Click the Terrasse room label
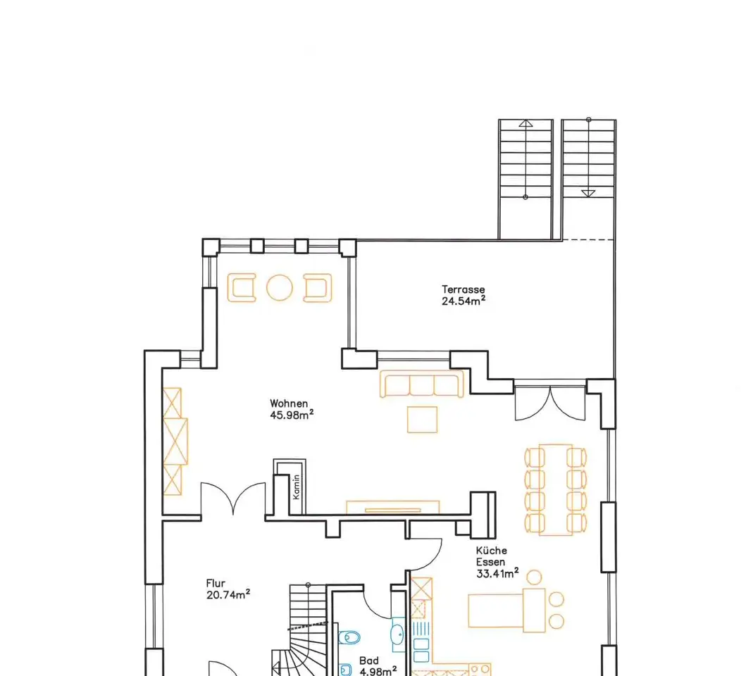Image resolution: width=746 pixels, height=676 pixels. click(x=463, y=289)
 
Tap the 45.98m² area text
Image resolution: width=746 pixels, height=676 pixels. click(x=292, y=414)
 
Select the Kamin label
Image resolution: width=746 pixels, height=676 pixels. click(x=297, y=487)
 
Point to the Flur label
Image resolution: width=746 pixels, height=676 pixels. click(x=216, y=583)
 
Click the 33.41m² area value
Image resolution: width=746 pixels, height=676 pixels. click(x=497, y=573)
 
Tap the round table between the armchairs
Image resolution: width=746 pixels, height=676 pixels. click(x=279, y=287)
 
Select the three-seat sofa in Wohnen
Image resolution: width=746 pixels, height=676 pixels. click(x=422, y=384)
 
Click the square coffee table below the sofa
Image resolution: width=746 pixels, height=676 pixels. click(x=422, y=420)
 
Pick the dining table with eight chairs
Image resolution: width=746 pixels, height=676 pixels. click(x=555, y=490)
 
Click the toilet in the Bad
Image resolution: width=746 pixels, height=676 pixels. click(x=349, y=637)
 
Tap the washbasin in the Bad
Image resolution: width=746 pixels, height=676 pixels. click(x=397, y=634)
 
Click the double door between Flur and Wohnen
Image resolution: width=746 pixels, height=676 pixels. click(x=233, y=499)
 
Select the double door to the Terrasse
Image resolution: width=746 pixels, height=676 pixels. click(x=550, y=403)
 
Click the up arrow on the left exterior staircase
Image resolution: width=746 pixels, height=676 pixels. click(x=526, y=123)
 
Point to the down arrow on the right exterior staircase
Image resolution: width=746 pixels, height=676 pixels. click(x=588, y=193)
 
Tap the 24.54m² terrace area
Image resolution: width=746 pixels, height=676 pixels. click(x=464, y=301)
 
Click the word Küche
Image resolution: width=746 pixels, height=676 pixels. click(x=492, y=551)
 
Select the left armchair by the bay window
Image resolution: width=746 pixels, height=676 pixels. click(x=242, y=287)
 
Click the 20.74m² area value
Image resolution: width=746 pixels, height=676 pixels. click(x=228, y=594)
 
